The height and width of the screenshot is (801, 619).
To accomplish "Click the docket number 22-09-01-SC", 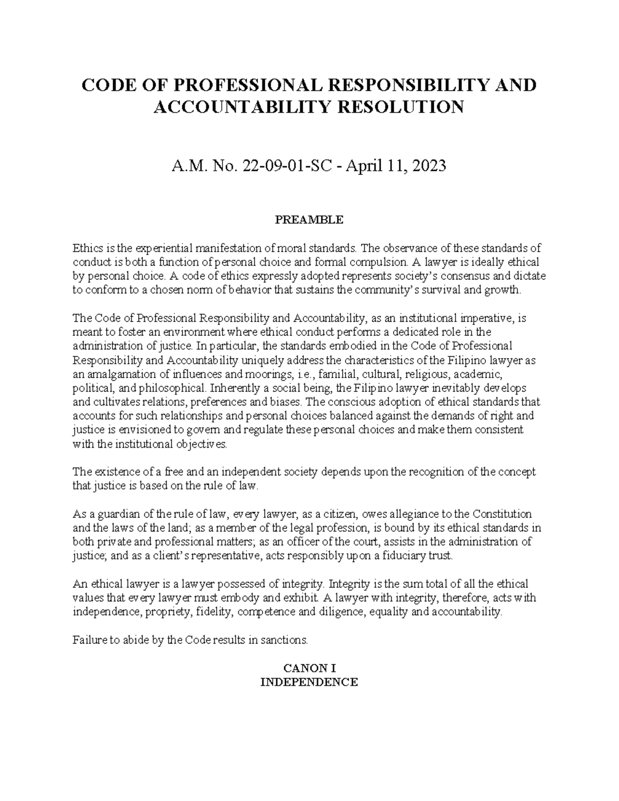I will pyautogui.click(x=278, y=166).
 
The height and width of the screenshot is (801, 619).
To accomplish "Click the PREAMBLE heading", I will pyautogui.click(x=309, y=220).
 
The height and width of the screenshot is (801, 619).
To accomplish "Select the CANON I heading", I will pyautogui.click(x=309, y=668).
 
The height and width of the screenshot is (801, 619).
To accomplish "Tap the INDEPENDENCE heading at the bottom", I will pyautogui.click(x=309, y=682).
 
